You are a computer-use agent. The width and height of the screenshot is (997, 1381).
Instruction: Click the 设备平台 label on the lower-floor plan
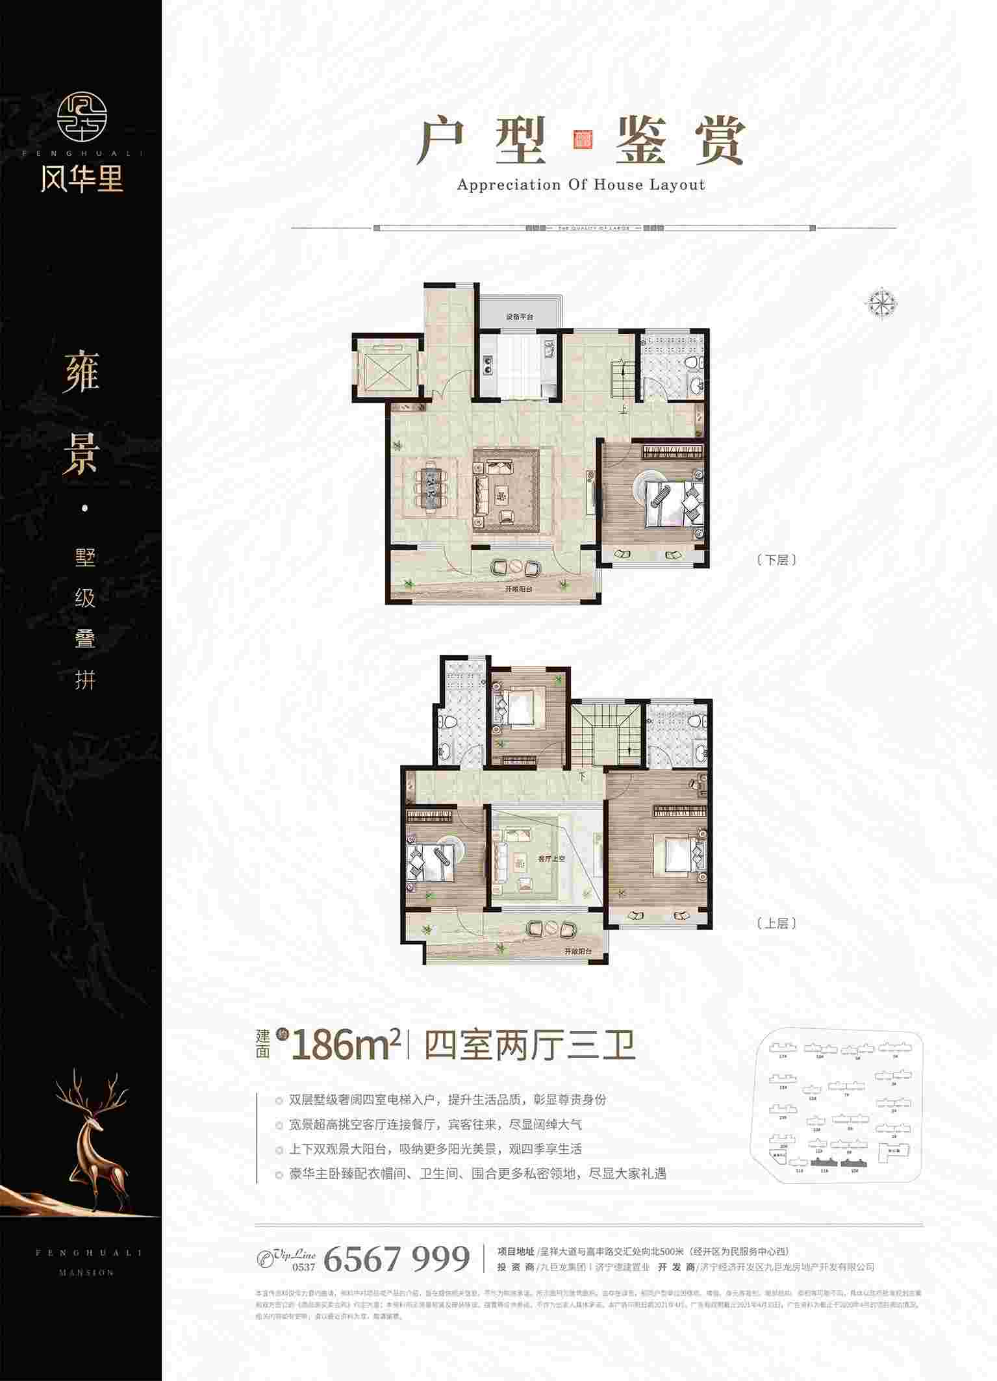point(519,318)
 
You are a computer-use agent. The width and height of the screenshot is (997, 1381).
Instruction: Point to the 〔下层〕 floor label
point(777,560)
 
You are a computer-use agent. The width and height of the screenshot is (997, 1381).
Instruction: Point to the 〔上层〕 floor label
point(777,923)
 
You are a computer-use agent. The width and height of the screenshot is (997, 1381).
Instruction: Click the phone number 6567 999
point(396,1259)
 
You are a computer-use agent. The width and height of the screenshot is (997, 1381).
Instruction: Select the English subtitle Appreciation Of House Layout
point(581,185)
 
